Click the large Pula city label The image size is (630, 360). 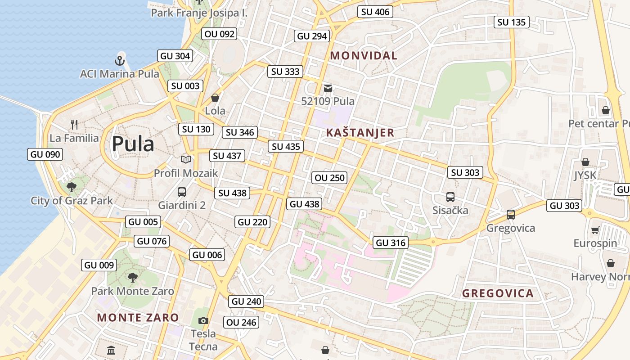point(133,144)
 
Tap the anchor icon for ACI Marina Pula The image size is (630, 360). point(120,60)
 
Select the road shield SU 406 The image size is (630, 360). point(375,12)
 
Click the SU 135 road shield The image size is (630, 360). point(512,22)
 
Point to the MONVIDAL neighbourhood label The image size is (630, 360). point(364,56)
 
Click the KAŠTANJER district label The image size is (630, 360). point(360,133)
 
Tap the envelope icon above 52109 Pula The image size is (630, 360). point(328,88)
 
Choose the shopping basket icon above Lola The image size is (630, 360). point(215,98)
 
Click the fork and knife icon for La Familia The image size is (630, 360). point(74,124)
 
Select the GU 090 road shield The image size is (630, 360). point(45,155)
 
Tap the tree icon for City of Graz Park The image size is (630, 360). point(71,187)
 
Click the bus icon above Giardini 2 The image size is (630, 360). point(182,192)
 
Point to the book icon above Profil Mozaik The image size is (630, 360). point(186,159)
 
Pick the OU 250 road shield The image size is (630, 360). point(330,178)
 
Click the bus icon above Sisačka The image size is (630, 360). point(450,197)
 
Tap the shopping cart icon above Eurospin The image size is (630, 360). point(595,230)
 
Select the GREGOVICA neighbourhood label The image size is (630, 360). point(498,294)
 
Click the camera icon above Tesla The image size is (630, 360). point(203,321)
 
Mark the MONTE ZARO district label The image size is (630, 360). point(138,318)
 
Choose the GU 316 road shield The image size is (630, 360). point(391,243)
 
